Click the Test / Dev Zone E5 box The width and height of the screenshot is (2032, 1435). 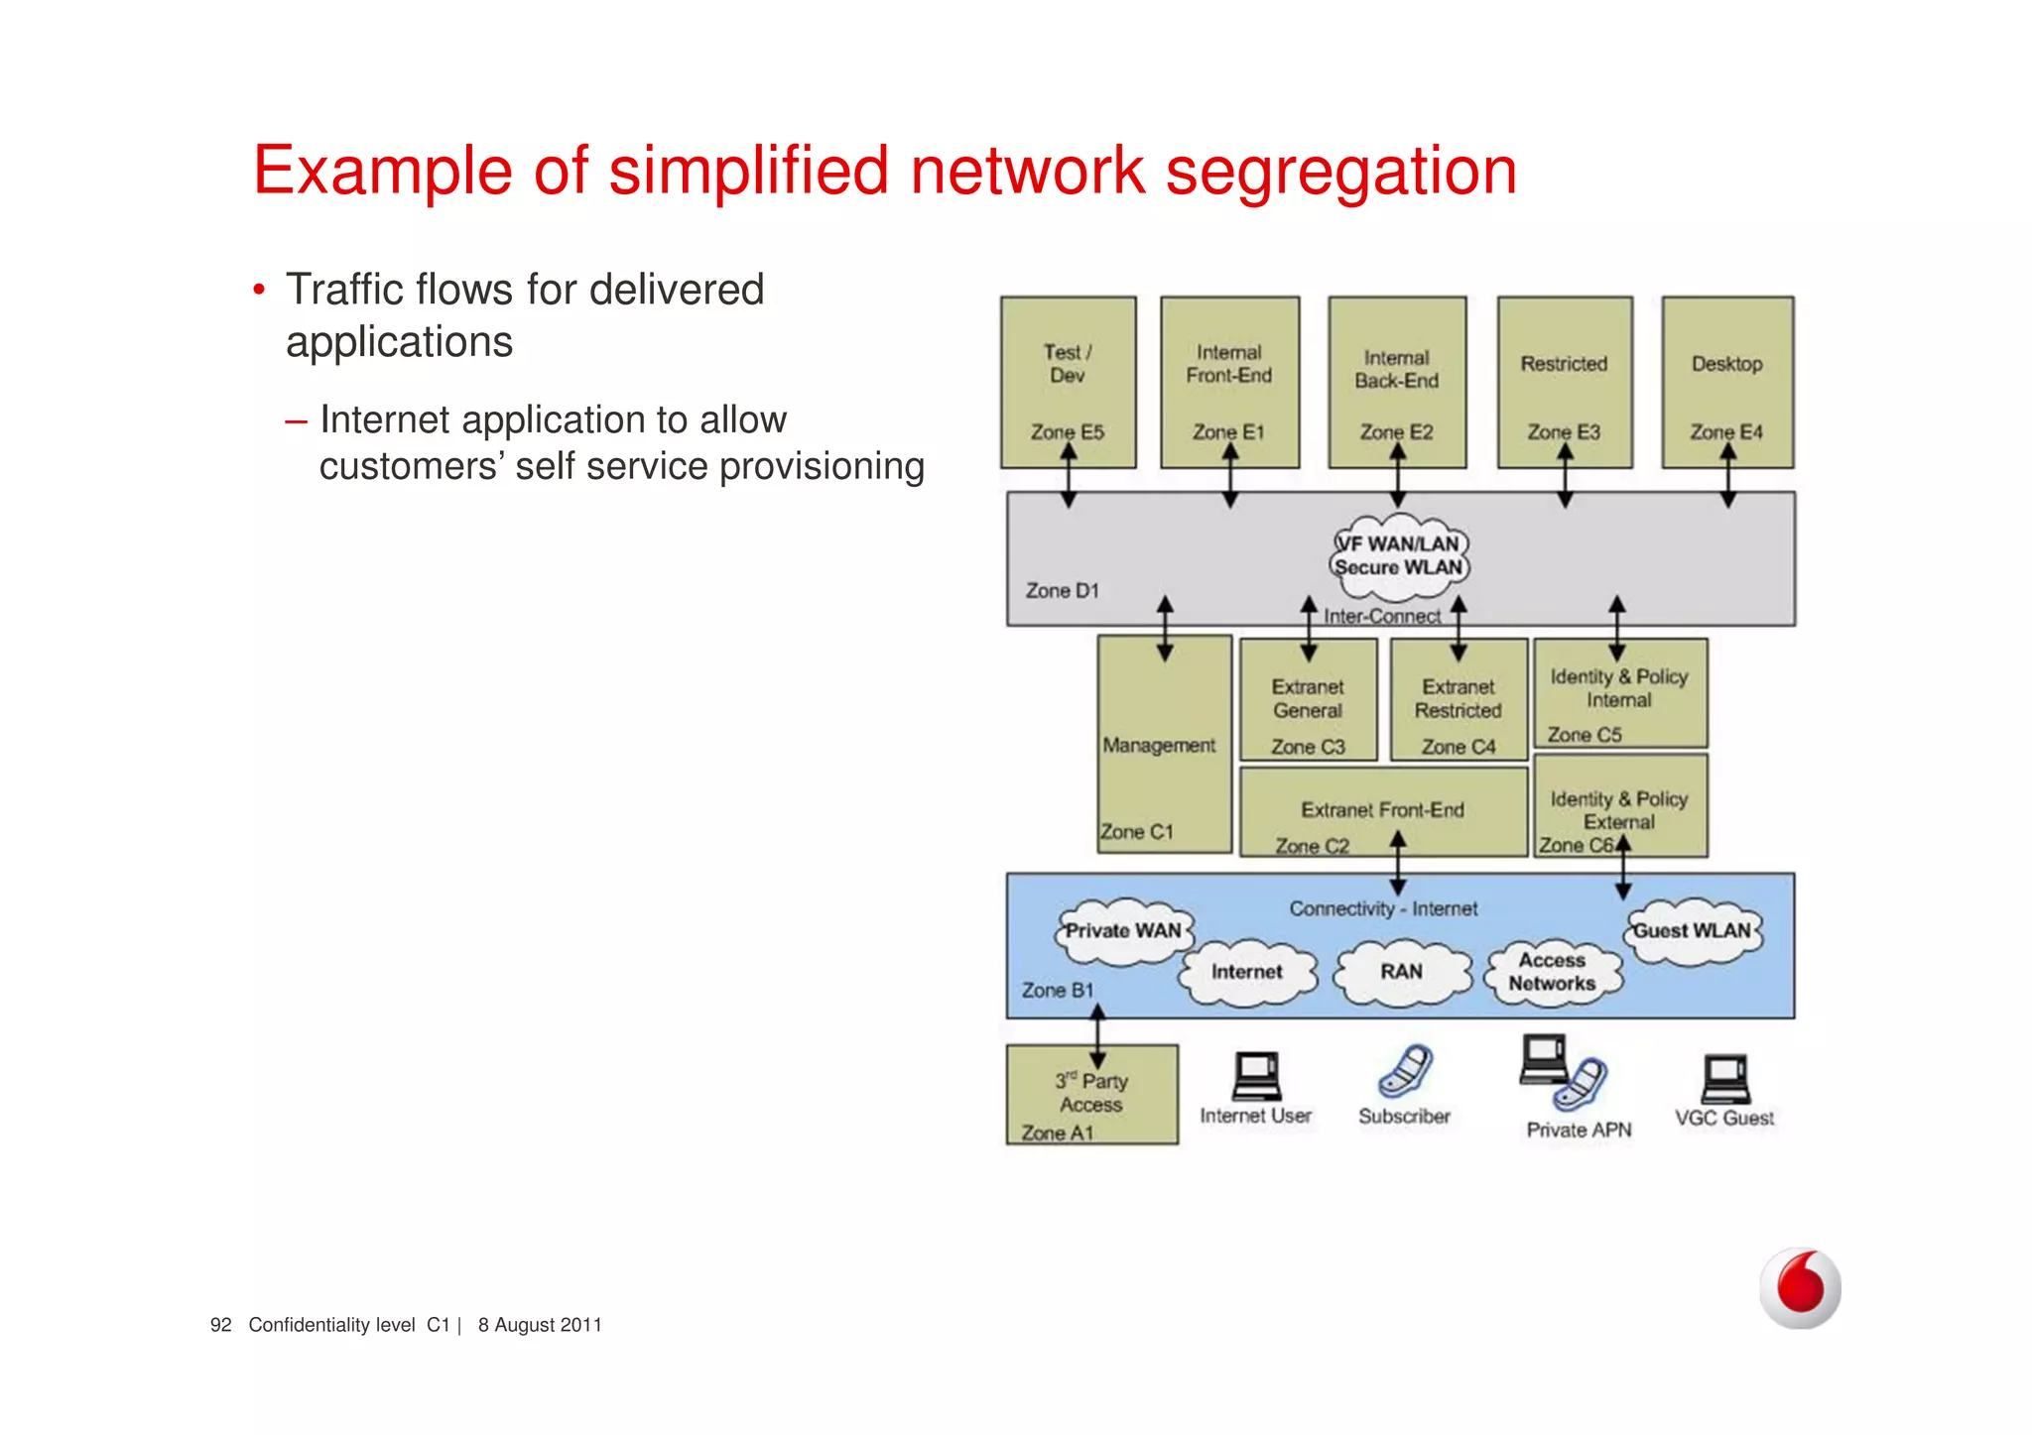click(1068, 382)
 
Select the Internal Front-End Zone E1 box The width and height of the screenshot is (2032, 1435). click(1229, 382)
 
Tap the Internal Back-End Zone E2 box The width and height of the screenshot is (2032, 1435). click(1397, 382)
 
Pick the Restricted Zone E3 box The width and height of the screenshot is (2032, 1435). click(1564, 382)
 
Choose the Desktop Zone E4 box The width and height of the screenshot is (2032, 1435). click(1727, 382)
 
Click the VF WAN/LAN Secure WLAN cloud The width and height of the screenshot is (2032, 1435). click(1399, 556)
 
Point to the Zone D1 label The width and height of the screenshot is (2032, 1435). click(1062, 591)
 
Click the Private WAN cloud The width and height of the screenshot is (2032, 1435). click(1123, 931)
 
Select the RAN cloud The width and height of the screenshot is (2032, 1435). click(1401, 972)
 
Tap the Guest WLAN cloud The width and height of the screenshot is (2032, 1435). click(1693, 931)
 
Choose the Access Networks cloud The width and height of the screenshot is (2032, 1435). click(1552, 972)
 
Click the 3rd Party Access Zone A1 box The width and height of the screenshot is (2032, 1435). click(1091, 1095)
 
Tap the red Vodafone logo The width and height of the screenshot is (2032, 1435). click(1800, 1287)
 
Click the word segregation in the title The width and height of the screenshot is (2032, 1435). click(1340, 173)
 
